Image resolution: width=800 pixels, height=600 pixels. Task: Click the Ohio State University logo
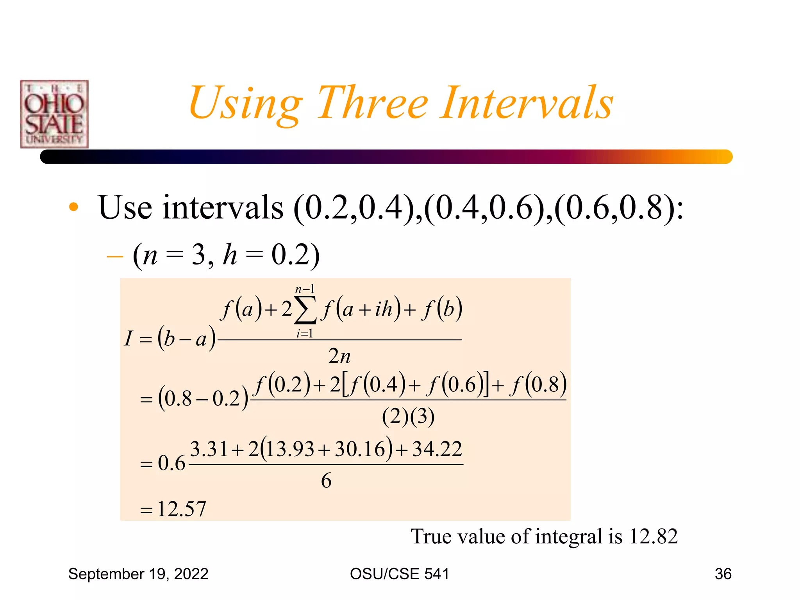tap(54, 114)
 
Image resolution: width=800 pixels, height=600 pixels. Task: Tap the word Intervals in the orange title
tap(527, 103)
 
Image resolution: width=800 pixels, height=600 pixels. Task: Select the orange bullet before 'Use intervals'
tap(73, 207)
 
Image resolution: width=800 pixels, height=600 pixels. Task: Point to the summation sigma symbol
tap(305, 310)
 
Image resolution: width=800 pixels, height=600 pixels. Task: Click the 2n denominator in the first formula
tap(339, 356)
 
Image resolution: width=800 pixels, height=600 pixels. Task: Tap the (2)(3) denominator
tap(408, 416)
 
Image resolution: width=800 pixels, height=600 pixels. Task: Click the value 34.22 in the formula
tap(437, 449)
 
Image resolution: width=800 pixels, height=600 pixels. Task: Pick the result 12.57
tap(182, 509)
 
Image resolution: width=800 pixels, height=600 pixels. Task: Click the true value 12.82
tap(653, 536)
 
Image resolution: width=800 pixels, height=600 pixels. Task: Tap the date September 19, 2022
tap(138, 574)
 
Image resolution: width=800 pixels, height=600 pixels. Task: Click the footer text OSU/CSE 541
tap(400, 574)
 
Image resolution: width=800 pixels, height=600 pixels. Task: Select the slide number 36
tap(723, 574)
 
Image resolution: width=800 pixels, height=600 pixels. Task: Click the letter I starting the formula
tap(129, 338)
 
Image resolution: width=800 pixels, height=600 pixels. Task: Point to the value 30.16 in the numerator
tap(360, 449)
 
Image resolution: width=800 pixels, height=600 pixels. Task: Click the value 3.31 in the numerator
tap(209, 449)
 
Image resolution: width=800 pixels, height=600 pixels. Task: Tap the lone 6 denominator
tap(326, 480)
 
